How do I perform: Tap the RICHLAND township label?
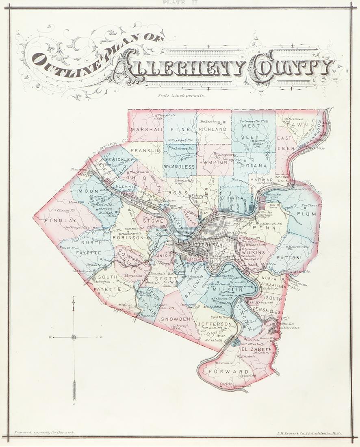pyautogui.click(x=213, y=129)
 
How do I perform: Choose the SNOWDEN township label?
pyautogui.click(x=175, y=319)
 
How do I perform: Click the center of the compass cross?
pyautogui.click(x=74, y=337)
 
